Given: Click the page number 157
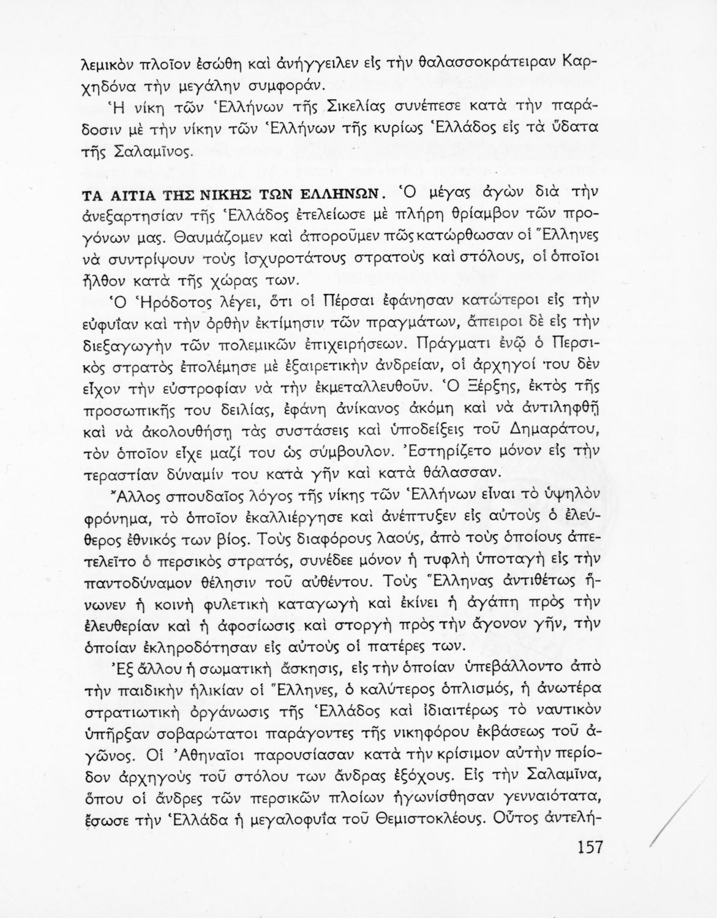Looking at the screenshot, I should point(590,848).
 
